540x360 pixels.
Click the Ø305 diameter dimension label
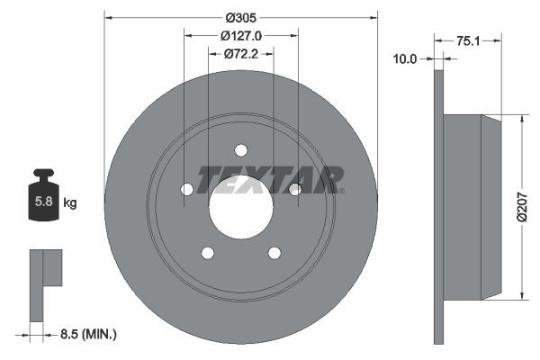[x=240, y=17]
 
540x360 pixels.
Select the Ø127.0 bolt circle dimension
[x=240, y=36]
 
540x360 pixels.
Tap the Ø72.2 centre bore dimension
[x=240, y=54]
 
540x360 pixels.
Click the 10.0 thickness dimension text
[x=406, y=58]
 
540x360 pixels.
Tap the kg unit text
[x=69, y=203]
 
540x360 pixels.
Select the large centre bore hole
[x=240, y=206]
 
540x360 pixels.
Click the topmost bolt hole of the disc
[x=240, y=150]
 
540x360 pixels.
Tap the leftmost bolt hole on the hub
[x=187, y=189]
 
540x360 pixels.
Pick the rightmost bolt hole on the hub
[x=293, y=189]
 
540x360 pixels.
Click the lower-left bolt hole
[x=208, y=252]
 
